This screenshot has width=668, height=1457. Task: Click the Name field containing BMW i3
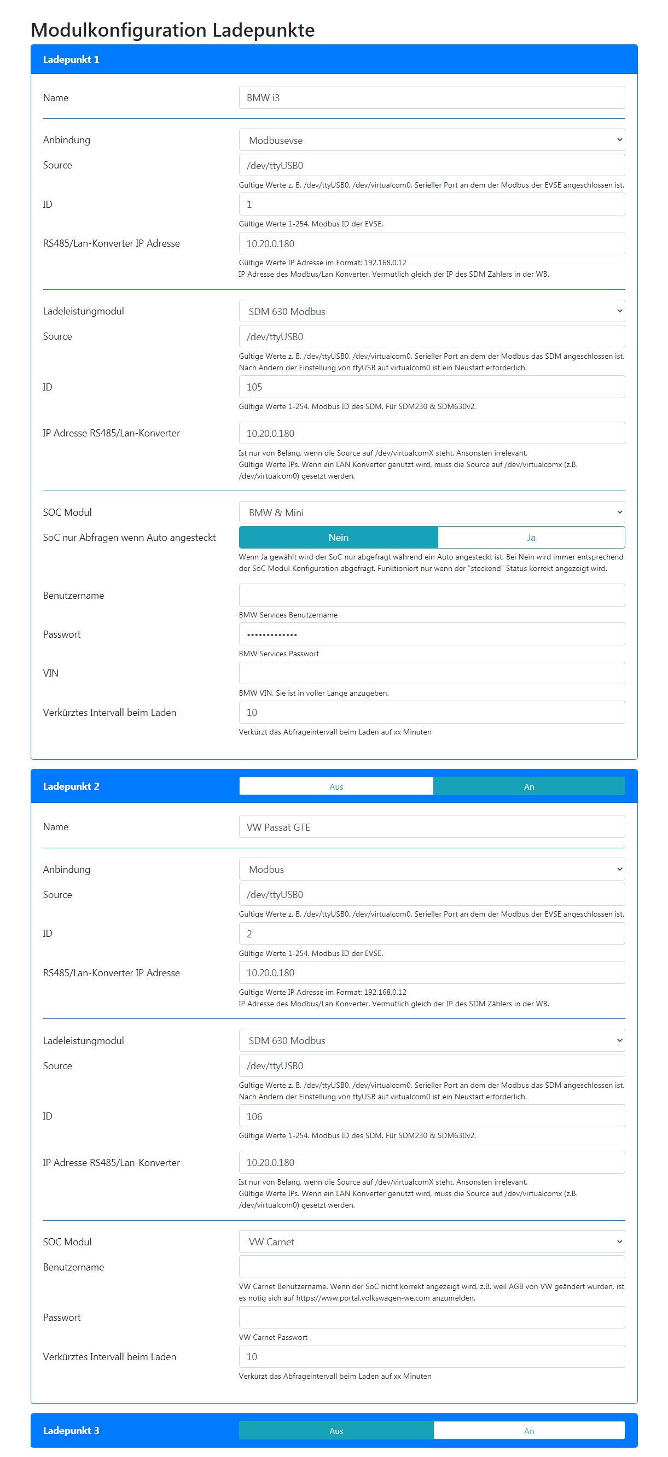pyautogui.click(x=431, y=97)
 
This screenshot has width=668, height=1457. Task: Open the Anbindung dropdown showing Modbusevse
pyautogui.click(x=431, y=139)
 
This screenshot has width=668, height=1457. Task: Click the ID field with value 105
pyautogui.click(x=431, y=387)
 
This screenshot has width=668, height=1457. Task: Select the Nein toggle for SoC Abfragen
pyautogui.click(x=338, y=537)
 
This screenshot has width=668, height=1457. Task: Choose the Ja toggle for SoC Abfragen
pyautogui.click(x=531, y=537)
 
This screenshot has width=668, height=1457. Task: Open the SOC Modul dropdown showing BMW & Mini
pyautogui.click(x=431, y=512)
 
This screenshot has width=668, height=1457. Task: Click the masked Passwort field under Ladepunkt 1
pyautogui.click(x=431, y=634)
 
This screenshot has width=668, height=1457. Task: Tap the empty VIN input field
pyautogui.click(x=431, y=673)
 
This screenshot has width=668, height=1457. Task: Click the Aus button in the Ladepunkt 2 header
pyautogui.click(x=336, y=786)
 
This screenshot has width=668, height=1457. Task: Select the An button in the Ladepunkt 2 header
pyautogui.click(x=529, y=786)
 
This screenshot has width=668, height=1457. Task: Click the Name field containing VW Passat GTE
pyautogui.click(x=431, y=827)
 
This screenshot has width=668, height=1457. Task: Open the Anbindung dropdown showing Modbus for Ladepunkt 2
pyautogui.click(x=431, y=870)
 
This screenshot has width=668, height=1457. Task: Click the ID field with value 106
pyautogui.click(x=431, y=1116)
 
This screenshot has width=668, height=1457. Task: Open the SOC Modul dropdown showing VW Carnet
pyautogui.click(x=431, y=1242)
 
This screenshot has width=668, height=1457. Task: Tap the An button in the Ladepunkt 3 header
pyautogui.click(x=529, y=1430)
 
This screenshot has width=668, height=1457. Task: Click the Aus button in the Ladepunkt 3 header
pyautogui.click(x=336, y=1430)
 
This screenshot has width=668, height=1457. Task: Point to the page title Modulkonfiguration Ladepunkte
pyautogui.click(x=172, y=30)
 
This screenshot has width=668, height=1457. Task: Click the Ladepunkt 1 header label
pyautogui.click(x=71, y=60)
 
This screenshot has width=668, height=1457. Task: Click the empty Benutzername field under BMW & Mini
pyautogui.click(x=431, y=595)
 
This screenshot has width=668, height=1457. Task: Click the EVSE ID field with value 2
pyautogui.click(x=431, y=933)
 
